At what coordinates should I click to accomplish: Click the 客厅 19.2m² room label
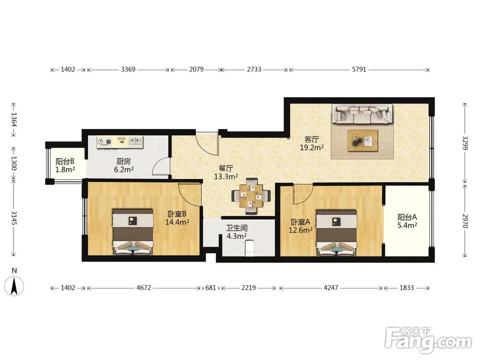pyautogui.click(x=312, y=144)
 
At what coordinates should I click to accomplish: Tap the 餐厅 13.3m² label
pyautogui.click(x=226, y=172)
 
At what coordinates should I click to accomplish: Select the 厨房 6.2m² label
pyautogui.click(x=124, y=165)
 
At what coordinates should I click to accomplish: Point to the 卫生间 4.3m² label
pyautogui.click(x=237, y=232)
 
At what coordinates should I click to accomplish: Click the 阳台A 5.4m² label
pyautogui.click(x=408, y=221)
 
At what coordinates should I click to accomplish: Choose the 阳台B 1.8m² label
pyautogui.click(x=65, y=165)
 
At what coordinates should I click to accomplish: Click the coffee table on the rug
pyautogui.click(x=363, y=141)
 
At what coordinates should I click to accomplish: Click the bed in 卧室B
pyautogui.click(x=132, y=232)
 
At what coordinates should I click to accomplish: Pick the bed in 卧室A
pyautogui.click(x=336, y=232)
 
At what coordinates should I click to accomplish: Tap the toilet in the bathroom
pyautogui.click(x=250, y=248)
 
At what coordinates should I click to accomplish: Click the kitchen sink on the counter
pyautogui.click(x=135, y=141)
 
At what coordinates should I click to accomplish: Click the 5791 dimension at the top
pyautogui.click(x=359, y=70)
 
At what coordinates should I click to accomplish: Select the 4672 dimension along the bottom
pyautogui.click(x=144, y=288)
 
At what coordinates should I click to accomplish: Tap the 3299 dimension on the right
pyautogui.click(x=465, y=144)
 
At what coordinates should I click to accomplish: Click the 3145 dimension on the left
pyautogui.click(x=14, y=217)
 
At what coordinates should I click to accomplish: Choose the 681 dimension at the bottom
pyautogui.click(x=211, y=288)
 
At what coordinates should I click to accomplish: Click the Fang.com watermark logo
pyautogui.click(x=428, y=340)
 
